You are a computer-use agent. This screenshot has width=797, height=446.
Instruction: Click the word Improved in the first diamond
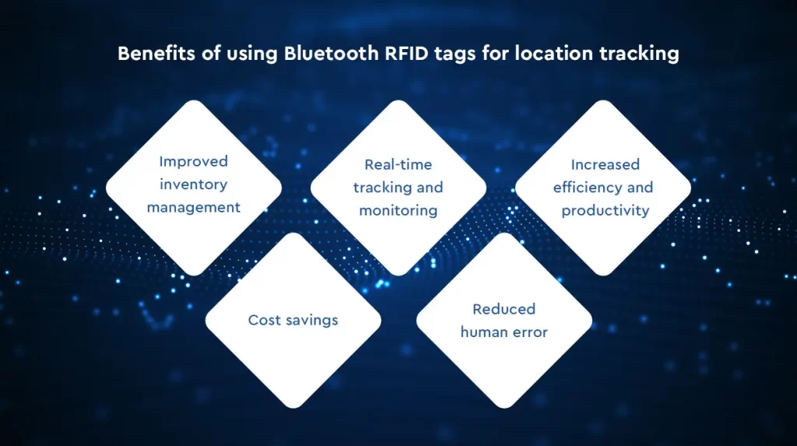tap(194, 162)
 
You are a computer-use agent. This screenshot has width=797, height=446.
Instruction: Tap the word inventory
tap(194, 184)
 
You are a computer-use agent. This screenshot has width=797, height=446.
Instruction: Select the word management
tap(194, 208)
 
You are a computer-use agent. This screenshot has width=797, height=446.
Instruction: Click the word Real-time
tap(398, 165)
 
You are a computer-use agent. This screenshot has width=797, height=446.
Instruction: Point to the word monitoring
tap(398, 210)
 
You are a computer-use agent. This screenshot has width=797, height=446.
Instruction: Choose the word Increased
tap(605, 165)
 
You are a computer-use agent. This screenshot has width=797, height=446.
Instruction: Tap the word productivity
tap(605, 211)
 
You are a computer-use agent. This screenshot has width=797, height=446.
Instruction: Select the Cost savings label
tap(293, 320)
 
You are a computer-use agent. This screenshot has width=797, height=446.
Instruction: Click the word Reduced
tap(504, 309)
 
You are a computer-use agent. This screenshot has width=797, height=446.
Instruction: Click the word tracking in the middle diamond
tap(375, 188)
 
